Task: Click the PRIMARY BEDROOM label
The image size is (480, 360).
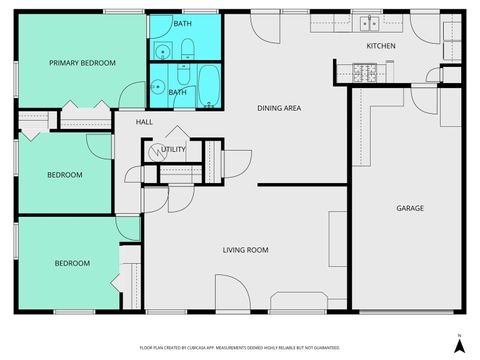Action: point(83,63)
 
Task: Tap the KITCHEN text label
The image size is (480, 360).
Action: point(381,47)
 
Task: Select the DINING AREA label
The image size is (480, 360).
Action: point(279,108)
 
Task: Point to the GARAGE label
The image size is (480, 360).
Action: point(410,208)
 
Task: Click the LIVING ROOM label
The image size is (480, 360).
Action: point(244,250)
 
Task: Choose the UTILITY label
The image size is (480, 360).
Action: point(174,150)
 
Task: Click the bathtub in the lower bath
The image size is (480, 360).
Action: point(209,85)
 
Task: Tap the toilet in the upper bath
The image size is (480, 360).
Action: point(186,46)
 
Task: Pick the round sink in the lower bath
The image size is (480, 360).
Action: point(158,86)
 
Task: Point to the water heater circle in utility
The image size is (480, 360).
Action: point(155,152)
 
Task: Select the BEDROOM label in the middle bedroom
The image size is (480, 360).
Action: point(65,175)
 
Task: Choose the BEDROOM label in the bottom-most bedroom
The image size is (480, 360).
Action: point(72,264)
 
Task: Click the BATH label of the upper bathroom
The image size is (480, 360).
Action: point(182,23)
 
